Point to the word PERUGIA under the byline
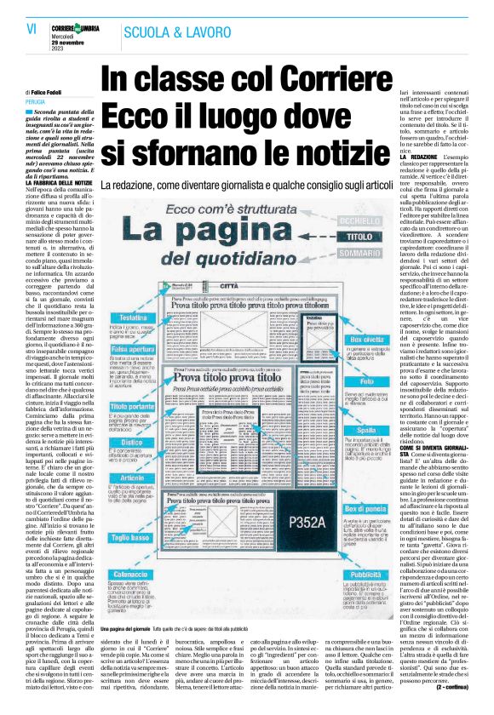click(37, 100)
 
